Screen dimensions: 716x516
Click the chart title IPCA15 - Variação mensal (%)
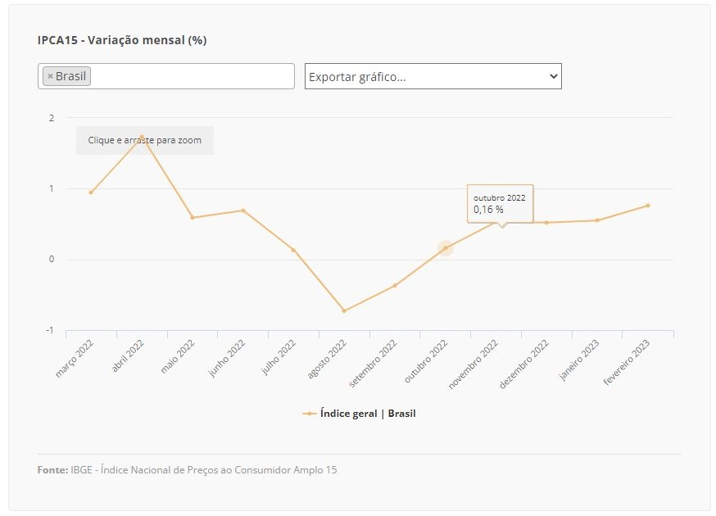coord(122,40)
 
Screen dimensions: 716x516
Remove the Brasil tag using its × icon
coord(50,76)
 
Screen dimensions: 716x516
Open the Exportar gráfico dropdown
coord(433,76)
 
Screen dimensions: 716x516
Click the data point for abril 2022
coord(142,137)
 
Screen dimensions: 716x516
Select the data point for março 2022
coord(91,192)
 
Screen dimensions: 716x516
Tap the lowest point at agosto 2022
coord(344,311)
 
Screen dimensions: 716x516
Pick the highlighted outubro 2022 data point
coord(446,248)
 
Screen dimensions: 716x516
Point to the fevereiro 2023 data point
coord(648,206)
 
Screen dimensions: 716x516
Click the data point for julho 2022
coord(293,250)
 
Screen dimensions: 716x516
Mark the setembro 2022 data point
coord(395,286)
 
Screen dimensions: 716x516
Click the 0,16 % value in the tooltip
coord(488,210)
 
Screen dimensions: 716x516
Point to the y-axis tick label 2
coord(52,118)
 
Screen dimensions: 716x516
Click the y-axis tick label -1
coord(50,330)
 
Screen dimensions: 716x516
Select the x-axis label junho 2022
coord(227,359)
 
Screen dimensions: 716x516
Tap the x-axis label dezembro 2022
coord(523,364)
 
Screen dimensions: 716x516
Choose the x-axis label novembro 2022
coord(473,364)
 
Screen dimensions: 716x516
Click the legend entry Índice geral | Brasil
coord(360,414)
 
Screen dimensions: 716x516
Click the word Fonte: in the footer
coord(53,470)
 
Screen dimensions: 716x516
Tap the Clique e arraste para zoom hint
coord(145,140)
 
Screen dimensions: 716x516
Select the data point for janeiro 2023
coord(597,220)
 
